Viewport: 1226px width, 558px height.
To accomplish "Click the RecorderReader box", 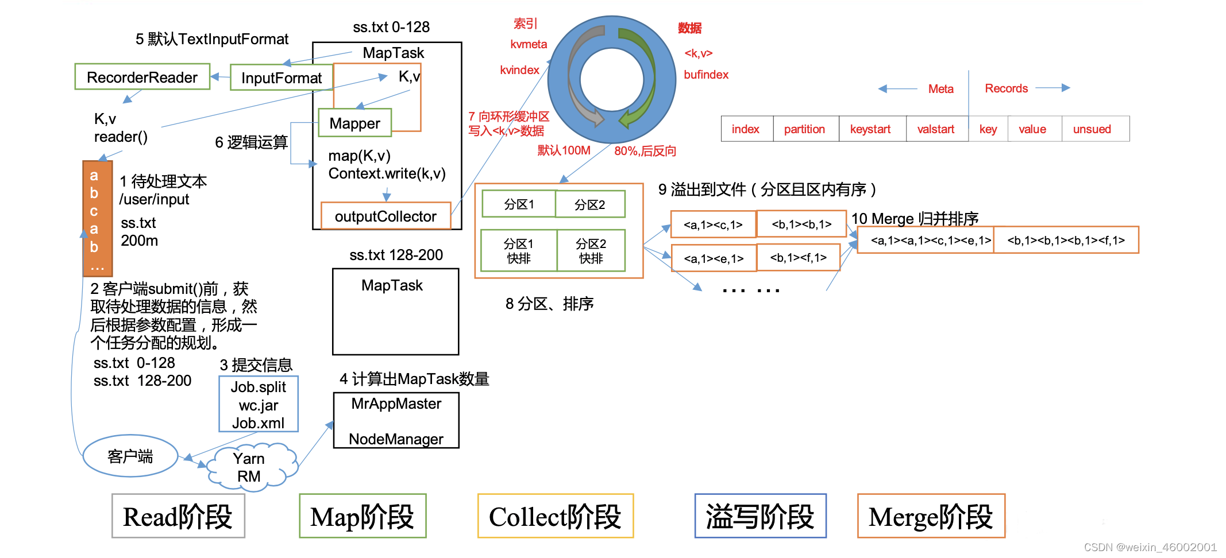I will point(142,77).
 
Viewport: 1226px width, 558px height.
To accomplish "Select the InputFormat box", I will point(281,78).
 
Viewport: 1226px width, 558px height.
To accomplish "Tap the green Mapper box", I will point(354,123).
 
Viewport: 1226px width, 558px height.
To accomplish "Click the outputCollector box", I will point(385,216).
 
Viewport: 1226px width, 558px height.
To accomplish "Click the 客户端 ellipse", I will point(130,456).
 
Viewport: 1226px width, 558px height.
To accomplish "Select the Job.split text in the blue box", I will point(259,387).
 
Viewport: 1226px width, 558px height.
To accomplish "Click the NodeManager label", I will point(396,439).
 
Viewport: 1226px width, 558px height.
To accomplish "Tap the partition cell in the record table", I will point(804,129).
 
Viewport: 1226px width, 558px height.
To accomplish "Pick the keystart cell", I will point(870,129).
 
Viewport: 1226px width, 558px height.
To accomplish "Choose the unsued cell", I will point(1092,129).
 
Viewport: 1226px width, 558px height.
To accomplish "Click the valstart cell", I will point(936,129).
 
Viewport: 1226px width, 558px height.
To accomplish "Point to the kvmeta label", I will point(529,44).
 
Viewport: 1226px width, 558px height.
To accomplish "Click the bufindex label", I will point(706,75).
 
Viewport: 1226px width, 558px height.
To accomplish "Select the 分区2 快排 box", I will point(591,251).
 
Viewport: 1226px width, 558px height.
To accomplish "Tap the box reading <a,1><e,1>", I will point(714,258).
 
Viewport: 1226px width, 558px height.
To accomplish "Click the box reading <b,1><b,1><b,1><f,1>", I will point(1066,240).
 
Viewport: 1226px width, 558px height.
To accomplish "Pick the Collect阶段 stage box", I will point(555,516).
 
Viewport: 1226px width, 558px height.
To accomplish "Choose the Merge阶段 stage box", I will point(931,516).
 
